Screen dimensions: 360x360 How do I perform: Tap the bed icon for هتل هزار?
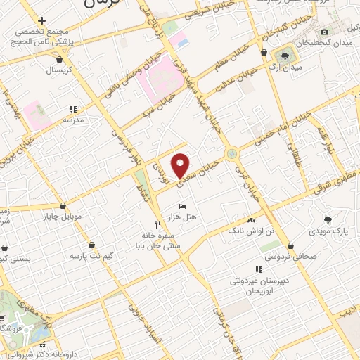click(x=183, y=205)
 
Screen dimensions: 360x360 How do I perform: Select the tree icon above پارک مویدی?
click(x=327, y=219)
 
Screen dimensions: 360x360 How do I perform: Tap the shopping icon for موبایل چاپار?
click(x=64, y=206)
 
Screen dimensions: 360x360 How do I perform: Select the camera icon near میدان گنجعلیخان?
click(x=324, y=32)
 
